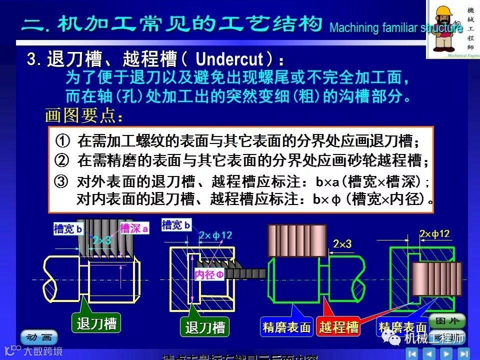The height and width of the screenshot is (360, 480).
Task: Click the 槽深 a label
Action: [134, 229]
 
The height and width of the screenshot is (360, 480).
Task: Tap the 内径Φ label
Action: [209, 274]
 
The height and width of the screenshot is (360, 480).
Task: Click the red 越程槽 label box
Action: [338, 327]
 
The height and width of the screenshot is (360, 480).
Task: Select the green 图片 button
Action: [446, 320]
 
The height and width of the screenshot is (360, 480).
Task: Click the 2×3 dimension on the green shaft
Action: [342, 244]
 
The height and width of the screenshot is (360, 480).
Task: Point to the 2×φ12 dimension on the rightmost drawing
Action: [435, 234]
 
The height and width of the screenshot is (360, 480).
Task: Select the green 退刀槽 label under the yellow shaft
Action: [96, 323]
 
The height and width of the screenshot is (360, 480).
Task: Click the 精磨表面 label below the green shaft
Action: [286, 327]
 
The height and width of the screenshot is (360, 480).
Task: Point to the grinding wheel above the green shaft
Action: [297, 240]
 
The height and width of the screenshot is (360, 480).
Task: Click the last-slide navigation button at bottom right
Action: [463, 353]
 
